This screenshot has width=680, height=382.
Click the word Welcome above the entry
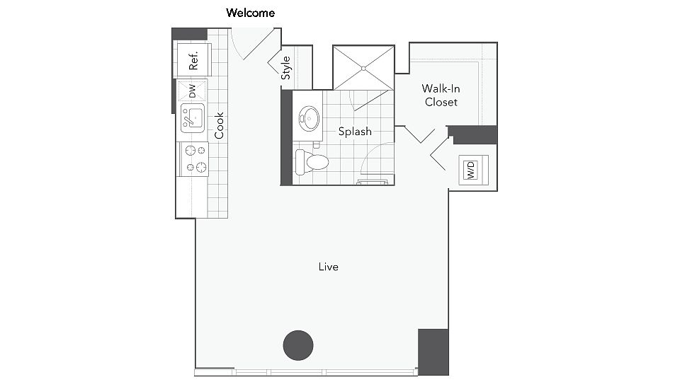click(250, 13)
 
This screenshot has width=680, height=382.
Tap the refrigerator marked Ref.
click(193, 59)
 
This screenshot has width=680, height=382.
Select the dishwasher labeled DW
click(191, 91)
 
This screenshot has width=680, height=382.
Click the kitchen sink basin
click(192, 117)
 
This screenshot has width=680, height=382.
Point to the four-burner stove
click(193, 159)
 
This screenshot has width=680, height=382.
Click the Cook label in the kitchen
click(220, 125)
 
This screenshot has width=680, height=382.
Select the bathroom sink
click(309, 119)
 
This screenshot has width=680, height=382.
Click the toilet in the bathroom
click(312, 161)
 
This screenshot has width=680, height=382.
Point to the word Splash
click(355, 132)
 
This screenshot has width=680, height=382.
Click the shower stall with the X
click(363, 68)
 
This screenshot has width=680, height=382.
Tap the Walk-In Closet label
click(441, 95)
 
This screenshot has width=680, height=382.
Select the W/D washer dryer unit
click(470, 170)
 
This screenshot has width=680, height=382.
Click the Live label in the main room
click(329, 267)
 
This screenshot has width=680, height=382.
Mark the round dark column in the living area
click(298, 345)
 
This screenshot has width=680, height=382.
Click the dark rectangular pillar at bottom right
click(433, 351)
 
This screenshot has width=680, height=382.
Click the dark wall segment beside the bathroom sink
click(286, 138)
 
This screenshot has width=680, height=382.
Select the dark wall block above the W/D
click(473, 134)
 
